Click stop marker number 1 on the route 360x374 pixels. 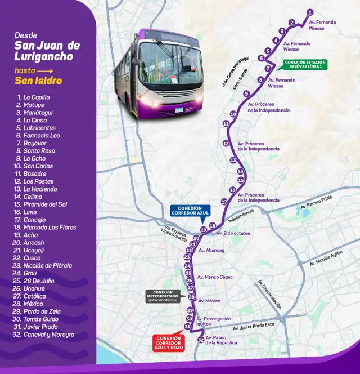pos(310,12)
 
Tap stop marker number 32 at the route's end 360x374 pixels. pos(201,340)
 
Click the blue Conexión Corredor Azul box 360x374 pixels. pos(189,211)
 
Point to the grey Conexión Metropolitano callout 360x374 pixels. pos(163,296)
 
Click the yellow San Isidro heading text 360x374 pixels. pos(38,81)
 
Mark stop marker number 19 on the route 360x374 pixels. pos(204,230)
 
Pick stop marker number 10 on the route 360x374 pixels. pos(233,114)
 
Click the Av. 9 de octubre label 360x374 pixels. pos(233,233)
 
